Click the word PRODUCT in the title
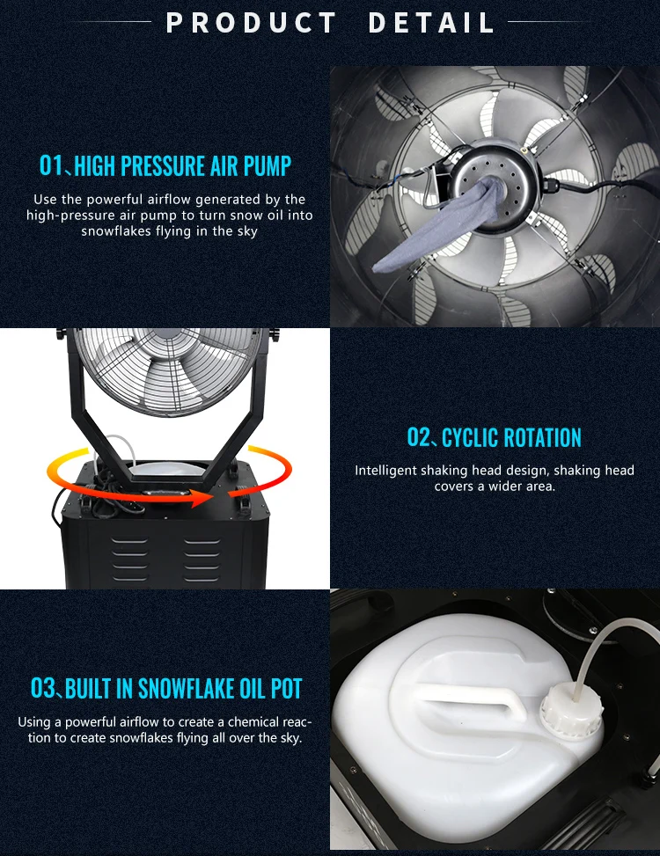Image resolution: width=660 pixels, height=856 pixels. pyautogui.click(x=251, y=22)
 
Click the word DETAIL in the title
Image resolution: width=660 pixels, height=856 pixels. pyautogui.click(x=431, y=22)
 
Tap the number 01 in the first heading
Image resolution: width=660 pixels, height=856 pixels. pyautogui.click(x=52, y=165)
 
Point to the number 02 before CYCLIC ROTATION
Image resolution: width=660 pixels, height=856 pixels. pyautogui.click(x=419, y=437)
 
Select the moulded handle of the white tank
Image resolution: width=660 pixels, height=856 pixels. pyautogui.click(x=467, y=696)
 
